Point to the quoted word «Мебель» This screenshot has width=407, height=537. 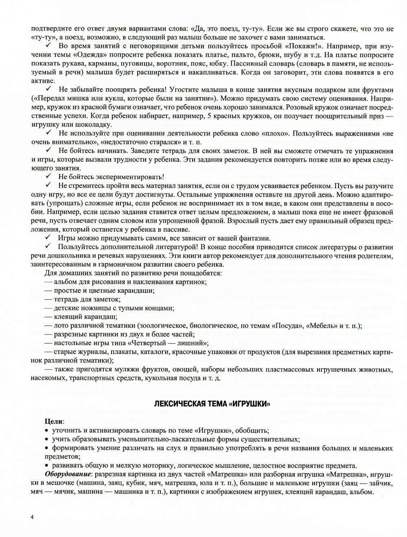point(326,326)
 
